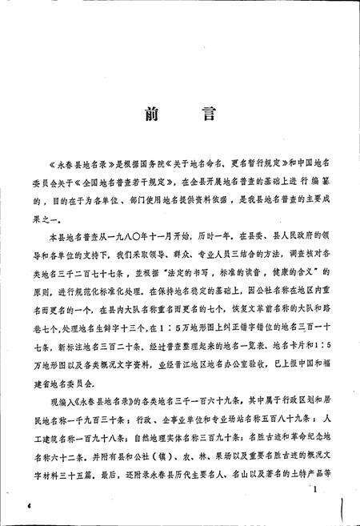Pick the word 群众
pos(157,258)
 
